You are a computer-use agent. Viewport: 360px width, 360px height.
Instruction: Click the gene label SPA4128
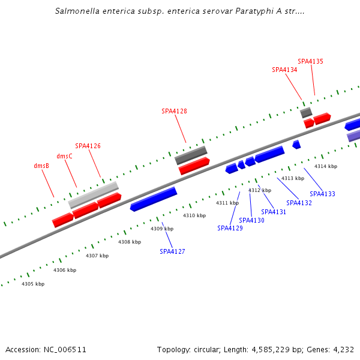pos(174,111)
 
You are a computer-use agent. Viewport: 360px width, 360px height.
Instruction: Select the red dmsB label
pos(41,166)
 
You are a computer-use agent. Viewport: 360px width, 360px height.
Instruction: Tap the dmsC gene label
pos(64,156)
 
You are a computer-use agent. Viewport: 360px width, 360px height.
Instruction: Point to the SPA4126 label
pos(88,146)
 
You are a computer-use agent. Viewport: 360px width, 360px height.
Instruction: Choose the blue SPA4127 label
pos(172,251)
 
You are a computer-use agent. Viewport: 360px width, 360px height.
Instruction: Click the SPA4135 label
pos(310,61)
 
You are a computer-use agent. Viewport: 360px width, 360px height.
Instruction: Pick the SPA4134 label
pos(284,70)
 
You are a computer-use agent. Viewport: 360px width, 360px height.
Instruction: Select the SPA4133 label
pos(322,194)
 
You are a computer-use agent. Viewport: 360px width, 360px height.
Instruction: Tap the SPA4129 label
pos(230,228)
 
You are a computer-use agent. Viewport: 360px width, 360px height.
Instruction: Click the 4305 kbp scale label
pos(33,284)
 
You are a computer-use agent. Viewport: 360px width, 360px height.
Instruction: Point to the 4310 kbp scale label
pos(194,215)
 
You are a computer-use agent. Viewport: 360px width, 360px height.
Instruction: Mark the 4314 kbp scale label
pos(326,166)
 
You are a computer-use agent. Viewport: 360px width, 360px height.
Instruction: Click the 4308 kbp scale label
pos(130,242)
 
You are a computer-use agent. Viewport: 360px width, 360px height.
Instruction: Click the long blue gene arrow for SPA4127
pos(154,199)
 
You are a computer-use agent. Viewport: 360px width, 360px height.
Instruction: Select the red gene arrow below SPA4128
pos(194,166)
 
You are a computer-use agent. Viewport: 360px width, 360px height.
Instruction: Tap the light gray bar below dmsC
pos(93,195)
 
